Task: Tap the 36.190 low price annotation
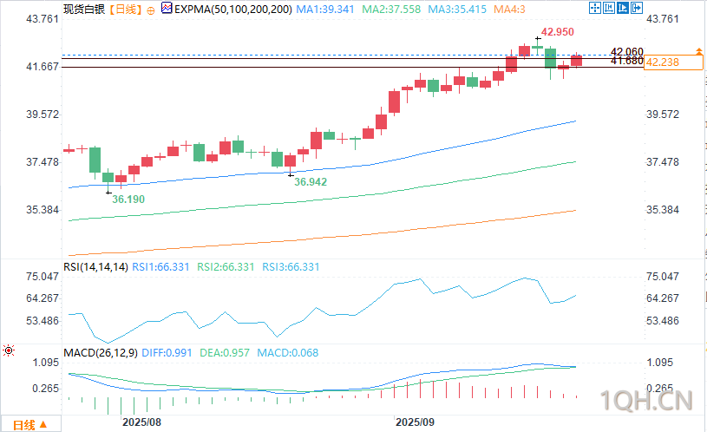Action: [x=128, y=200]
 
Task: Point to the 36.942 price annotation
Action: [x=311, y=182]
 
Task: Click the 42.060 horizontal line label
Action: [x=626, y=51]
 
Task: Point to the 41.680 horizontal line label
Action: [x=626, y=61]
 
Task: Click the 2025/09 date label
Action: [x=416, y=422]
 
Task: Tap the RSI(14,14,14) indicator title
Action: [x=95, y=267]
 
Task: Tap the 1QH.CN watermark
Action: [x=650, y=402]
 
